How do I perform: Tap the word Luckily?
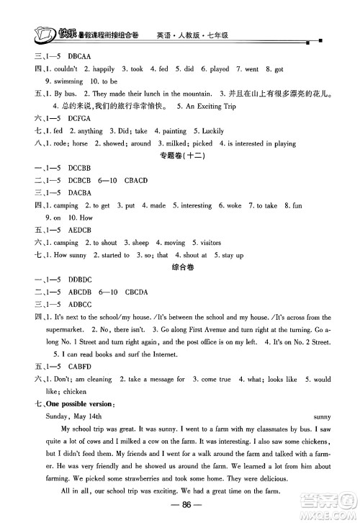coord(209,131)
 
